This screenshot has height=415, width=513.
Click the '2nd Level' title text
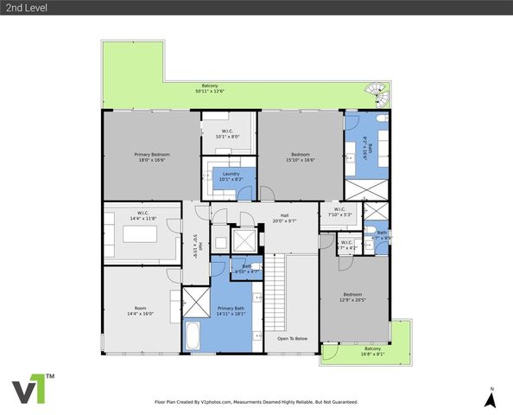pos(24,8)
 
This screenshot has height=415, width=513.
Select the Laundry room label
pos(231,176)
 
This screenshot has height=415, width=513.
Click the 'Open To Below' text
pos(292,339)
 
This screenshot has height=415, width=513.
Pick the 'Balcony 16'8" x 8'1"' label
pos(356,351)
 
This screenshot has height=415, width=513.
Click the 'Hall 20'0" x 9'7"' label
pos(284,219)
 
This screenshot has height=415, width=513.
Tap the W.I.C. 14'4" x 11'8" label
pos(143,216)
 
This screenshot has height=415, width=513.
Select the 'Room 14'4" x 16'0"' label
pos(140,310)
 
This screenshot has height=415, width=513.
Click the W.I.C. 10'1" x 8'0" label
pos(228,134)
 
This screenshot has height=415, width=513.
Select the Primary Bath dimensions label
pos(231,314)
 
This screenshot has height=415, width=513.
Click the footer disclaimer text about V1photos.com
pos(256,402)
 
